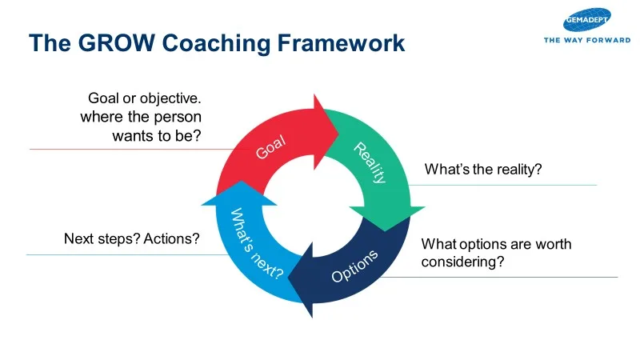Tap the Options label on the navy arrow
(x=354, y=266)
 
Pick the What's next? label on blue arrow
(x=257, y=243)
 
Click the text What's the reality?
(x=482, y=170)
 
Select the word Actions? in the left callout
(x=171, y=238)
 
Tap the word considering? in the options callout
(x=462, y=261)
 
